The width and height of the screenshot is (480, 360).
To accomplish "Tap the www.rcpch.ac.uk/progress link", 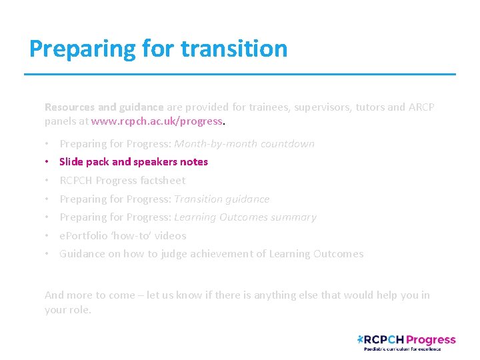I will click(x=157, y=121).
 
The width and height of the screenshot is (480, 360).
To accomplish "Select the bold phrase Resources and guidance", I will click(x=103, y=107).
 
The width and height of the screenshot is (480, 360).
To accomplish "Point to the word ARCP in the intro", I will click(x=420, y=107).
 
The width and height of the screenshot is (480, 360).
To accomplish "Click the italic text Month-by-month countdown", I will click(x=244, y=144).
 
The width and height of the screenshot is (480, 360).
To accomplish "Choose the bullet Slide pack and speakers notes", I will click(x=133, y=162).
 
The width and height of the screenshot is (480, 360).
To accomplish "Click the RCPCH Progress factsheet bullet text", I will click(x=122, y=181).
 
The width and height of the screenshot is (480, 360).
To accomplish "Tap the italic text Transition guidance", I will click(x=221, y=199).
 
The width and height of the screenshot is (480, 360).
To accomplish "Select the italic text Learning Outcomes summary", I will click(x=245, y=217).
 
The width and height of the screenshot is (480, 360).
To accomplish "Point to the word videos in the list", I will click(x=171, y=236).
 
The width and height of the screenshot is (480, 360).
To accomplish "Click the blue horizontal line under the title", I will click(x=240, y=74).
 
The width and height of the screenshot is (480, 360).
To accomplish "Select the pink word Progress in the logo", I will click(x=431, y=340).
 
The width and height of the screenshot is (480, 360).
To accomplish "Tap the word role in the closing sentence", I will click(x=79, y=310).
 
